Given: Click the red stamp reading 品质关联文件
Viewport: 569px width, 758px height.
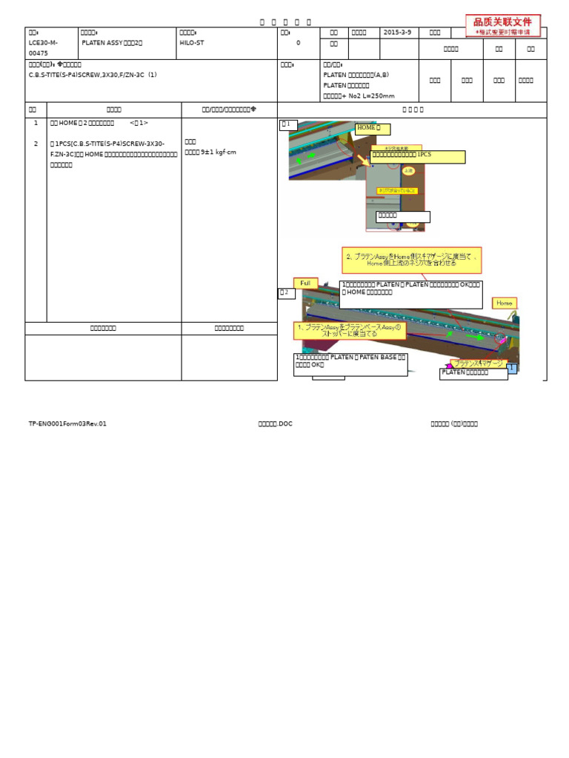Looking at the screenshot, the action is click(x=503, y=25).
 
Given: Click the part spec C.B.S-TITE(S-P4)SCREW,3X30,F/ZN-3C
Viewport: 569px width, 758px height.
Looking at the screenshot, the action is click(x=93, y=75).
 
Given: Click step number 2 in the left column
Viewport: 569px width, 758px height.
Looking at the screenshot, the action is click(x=35, y=144).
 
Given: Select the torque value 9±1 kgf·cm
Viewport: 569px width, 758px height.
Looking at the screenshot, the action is click(x=210, y=151).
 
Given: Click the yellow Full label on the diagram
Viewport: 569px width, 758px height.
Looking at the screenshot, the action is click(x=305, y=283).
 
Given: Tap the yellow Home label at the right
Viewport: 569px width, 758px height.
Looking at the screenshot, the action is click(x=505, y=303).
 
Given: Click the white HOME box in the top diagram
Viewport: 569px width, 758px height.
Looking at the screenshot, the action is click(x=373, y=129).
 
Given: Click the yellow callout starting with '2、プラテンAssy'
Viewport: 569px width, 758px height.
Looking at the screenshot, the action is click(x=411, y=259).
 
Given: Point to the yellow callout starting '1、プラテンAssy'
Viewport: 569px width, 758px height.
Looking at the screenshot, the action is click(x=350, y=330).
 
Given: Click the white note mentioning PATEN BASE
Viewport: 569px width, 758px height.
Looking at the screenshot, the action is click(x=350, y=364).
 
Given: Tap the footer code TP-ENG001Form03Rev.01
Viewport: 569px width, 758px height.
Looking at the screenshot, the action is click(x=67, y=424).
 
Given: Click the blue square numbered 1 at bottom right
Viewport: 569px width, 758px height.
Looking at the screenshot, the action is click(x=512, y=367).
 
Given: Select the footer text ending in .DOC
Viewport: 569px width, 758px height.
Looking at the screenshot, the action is click(x=275, y=424).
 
